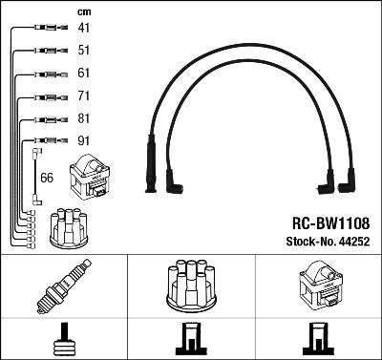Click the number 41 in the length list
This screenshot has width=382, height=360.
[x=85, y=29]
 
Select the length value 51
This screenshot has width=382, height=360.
[x=85, y=51]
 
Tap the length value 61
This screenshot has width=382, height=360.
[x=85, y=74]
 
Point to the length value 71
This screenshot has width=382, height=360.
[x=85, y=96]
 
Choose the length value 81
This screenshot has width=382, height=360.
[x=85, y=119]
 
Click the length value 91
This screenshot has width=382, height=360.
[x=85, y=142]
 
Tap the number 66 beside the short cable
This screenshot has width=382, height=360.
[x=46, y=177]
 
